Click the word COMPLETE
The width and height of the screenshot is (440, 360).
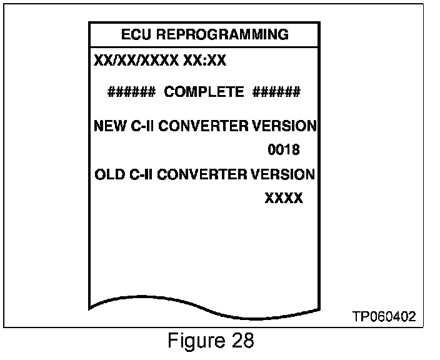204,92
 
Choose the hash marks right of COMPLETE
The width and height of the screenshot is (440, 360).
276,92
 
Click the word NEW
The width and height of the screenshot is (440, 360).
107,126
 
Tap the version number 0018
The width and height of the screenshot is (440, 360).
284,150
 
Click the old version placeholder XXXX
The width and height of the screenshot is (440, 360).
284,198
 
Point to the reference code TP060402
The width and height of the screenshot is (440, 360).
384,317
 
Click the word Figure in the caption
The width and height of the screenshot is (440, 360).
194,341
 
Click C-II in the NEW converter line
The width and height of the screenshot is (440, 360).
139,126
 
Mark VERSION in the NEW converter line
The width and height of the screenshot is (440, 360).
284,126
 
